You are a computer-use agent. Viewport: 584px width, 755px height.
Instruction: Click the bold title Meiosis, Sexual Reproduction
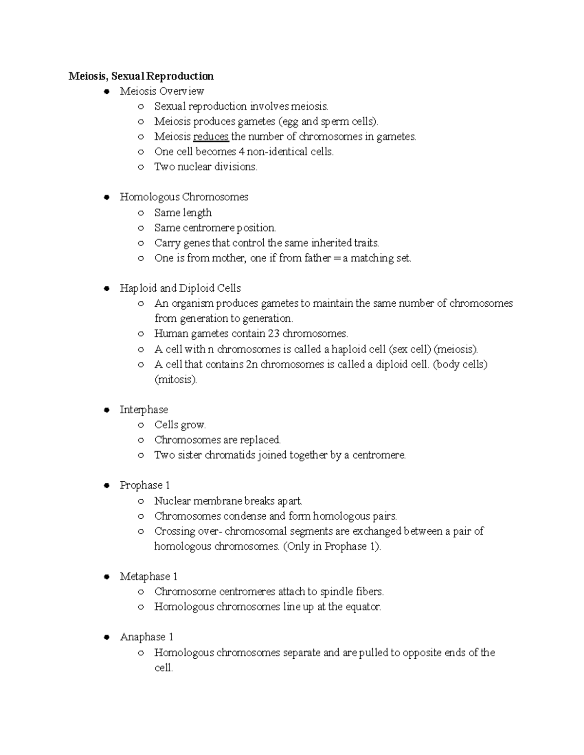(141, 76)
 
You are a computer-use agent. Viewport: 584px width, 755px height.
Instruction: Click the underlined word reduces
(211, 137)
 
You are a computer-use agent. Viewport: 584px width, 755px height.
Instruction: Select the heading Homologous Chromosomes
(184, 197)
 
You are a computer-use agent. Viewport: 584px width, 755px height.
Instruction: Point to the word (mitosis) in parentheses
(176, 380)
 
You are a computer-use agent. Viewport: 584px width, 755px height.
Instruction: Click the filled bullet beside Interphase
(106, 410)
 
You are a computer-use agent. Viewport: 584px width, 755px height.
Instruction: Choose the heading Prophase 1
(145, 485)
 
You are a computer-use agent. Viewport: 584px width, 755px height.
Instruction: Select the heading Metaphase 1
(148, 577)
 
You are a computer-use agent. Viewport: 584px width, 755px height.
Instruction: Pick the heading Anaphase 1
(146, 637)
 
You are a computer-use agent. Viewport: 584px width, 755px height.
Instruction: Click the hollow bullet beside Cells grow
(141, 425)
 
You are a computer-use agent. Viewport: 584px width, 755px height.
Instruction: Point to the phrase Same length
(182, 212)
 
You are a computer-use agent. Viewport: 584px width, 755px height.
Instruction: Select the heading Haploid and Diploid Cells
(180, 288)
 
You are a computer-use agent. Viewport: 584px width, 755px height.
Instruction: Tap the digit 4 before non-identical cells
(241, 152)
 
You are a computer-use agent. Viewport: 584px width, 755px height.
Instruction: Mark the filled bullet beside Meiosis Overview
(106, 91)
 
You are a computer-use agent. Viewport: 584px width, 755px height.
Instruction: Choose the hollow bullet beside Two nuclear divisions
(141, 167)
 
